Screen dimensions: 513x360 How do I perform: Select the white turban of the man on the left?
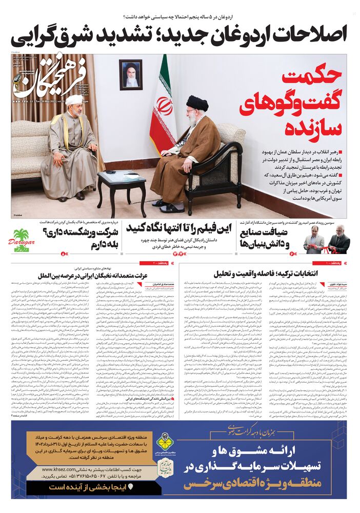point(74,99)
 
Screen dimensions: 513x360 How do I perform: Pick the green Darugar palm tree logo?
point(23,240)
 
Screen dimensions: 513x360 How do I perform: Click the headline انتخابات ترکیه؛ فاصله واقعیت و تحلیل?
point(277,273)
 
